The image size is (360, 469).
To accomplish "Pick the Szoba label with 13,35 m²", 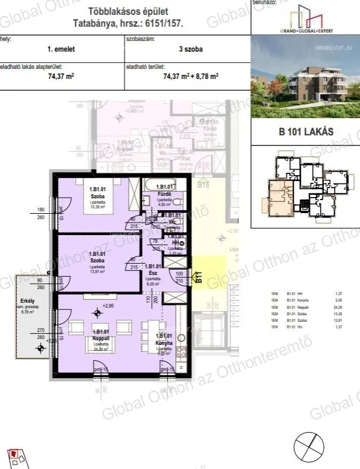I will [x=97, y=198].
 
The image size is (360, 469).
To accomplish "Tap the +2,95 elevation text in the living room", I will [x=108, y=306].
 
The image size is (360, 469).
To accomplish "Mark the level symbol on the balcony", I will [x=40, y=350].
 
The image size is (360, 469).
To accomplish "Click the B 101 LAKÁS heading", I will [x=305, y=132].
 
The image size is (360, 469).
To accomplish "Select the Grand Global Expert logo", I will [x=305, y=19].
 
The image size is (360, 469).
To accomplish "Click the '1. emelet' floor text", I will [x=62, y=49].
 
